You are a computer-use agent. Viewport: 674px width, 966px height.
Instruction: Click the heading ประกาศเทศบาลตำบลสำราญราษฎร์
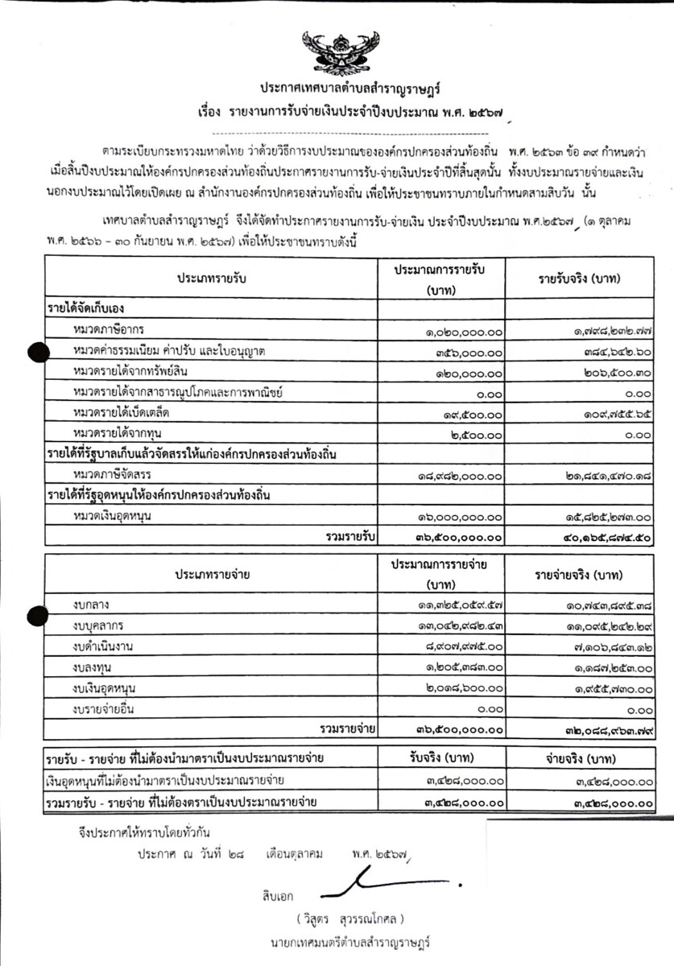coord(337,87)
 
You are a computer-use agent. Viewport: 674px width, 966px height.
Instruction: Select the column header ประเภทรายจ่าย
coord(211,575)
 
